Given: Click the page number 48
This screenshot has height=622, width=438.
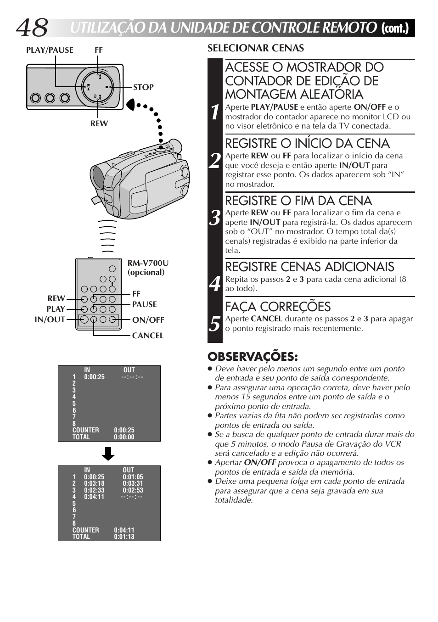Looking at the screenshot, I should coord(32,28).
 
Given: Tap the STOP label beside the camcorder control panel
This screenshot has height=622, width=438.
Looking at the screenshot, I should coord(143,87).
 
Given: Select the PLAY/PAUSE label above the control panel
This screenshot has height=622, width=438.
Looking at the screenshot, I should coord(50,50).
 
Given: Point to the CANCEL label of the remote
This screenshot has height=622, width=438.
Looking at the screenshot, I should coord(147,336).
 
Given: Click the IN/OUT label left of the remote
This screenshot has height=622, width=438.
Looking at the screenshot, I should coord(50,319).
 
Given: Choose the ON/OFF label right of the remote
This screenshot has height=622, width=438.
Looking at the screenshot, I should coord(148,320).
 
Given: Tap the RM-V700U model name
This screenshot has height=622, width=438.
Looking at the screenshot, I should coord(148,263).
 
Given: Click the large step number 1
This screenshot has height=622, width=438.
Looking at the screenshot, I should coord(215,112).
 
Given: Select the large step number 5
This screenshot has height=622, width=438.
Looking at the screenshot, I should coord(215,324).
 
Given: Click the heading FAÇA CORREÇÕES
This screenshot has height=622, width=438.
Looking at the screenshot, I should coord(278,307).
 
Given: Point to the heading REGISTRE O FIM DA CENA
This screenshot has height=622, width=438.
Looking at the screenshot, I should coord(298,201).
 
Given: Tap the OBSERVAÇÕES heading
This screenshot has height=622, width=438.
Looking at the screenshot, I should coord(253,357).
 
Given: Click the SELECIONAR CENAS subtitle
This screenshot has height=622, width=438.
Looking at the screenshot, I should coord(255,48).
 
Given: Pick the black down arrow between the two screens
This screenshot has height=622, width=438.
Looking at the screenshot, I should coord(108,454).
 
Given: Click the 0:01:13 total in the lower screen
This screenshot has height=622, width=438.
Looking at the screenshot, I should coord(124,537).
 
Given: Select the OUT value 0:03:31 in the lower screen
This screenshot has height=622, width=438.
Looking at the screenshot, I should coord(133,483).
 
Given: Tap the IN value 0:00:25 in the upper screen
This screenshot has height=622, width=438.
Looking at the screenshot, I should coord(94,377).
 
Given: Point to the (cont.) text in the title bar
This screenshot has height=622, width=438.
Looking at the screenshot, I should coord(395,28).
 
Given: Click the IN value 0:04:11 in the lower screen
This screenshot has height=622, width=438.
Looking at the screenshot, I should coord(94,497).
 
